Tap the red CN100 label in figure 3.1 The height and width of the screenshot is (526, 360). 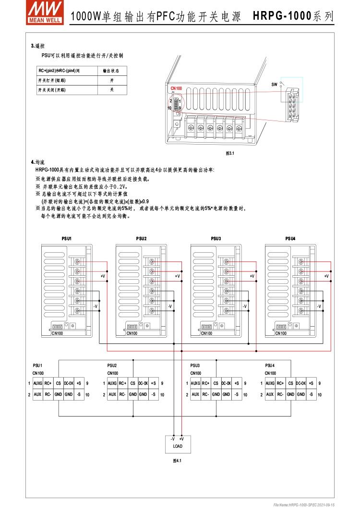tap(176, 89)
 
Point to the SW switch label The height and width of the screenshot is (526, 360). tap(274, 84)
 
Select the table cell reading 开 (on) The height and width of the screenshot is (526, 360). tap(111, 80)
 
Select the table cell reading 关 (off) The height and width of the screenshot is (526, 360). tap(111, 90)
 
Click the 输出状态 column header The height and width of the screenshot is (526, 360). tap(111, 71)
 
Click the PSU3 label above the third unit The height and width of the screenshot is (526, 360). tap(216, 238)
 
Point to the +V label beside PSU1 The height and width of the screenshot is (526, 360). tap(102, 276)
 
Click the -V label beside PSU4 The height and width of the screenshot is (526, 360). tap(319, 306)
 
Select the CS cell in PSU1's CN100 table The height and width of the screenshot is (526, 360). tap(58, 383)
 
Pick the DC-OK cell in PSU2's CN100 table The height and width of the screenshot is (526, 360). tap(143, 383)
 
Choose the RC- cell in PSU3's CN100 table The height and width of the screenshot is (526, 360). tap(206, 394)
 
